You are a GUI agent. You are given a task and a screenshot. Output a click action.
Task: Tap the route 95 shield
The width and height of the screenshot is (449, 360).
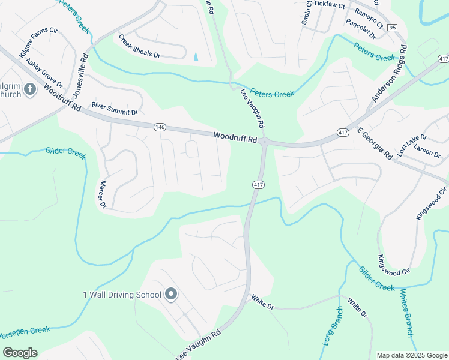(x=392, y=28)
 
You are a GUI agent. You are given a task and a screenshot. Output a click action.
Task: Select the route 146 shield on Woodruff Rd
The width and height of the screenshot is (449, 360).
(x=160, y=128)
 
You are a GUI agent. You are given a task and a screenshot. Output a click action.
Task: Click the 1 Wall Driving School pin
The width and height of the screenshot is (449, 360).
(x=171, y=294)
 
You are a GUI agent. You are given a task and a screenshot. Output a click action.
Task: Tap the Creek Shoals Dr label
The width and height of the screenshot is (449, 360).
(x=140, y=46)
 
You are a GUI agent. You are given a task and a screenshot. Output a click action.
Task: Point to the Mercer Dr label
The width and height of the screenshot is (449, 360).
(x=103, y=194)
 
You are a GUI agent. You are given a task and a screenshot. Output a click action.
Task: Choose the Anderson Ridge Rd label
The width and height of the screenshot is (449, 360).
(x=389, y=74)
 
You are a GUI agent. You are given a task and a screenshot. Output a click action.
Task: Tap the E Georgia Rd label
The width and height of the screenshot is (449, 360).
(x=374, y=143)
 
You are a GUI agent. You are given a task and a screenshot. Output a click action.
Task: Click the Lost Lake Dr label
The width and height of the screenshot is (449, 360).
(x=411, y=145)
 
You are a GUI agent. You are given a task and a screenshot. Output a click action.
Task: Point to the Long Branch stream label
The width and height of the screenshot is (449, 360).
(x=332, y=326)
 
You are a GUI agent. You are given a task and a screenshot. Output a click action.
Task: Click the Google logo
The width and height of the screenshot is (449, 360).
(x=20, y=353)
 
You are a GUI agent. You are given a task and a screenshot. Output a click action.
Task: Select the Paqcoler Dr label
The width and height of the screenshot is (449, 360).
(x=361, y=29)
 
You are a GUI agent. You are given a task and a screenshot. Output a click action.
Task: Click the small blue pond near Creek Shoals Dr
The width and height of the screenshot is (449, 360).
(x=196, y=56)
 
